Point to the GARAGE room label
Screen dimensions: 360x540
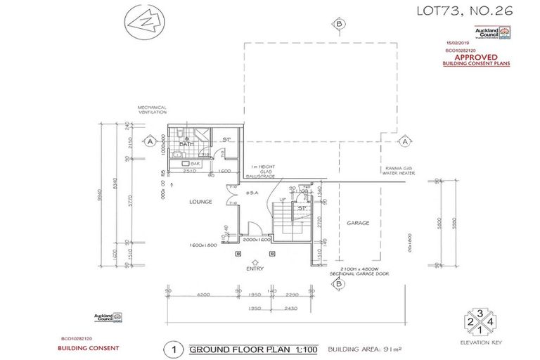[x=358, y=223]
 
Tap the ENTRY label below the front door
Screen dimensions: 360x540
[x=255, y=269]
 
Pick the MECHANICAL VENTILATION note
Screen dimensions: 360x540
[x=153, y=110]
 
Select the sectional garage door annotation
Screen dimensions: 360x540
[x=364, y=269]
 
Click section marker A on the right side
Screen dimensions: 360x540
[x=405, y=142]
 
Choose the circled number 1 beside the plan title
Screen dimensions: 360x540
[x=169, y=348]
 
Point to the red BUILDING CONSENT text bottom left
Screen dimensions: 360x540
[x=89, y=348]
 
